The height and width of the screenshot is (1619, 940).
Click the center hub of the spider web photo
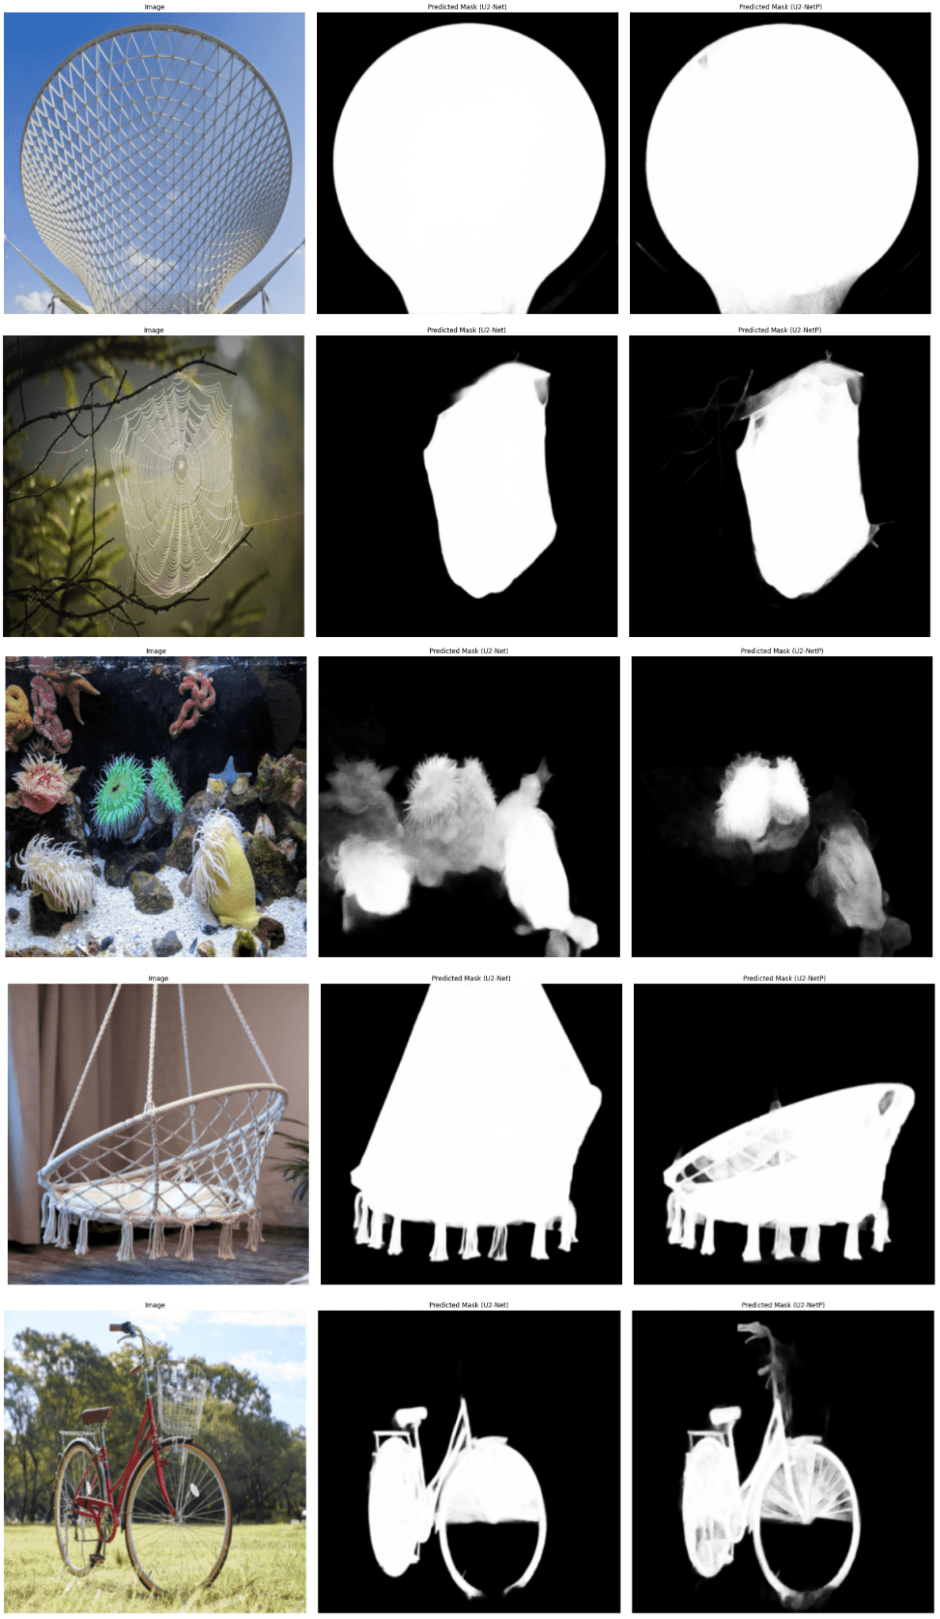(179, 463)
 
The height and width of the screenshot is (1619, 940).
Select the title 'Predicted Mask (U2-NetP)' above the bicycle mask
(783, 1304)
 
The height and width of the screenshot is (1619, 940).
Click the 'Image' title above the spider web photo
(153, 330)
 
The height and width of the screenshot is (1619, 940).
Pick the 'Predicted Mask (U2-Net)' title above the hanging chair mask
(470, 978)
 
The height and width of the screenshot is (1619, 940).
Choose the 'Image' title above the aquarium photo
(156, 651)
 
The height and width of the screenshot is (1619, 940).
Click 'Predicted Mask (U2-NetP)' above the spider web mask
(780, 330)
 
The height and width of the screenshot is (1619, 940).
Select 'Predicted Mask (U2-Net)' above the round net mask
(466, 6)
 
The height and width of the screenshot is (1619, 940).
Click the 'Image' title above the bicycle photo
(155, 1304)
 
